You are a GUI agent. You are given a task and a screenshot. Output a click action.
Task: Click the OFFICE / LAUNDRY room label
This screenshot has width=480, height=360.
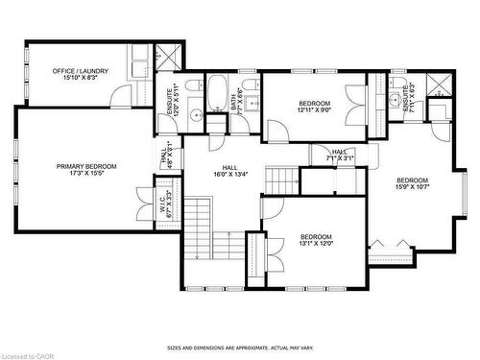pos(81,71)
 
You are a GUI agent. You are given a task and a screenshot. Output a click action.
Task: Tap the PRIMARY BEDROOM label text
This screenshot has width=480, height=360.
pos(85,166)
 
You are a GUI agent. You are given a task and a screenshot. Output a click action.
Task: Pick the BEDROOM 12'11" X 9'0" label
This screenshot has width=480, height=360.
pos(314,107)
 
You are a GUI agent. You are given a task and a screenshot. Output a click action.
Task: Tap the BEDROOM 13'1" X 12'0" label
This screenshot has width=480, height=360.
pos(316,240)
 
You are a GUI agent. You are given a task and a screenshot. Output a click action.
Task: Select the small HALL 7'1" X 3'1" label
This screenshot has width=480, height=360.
pos(339,155)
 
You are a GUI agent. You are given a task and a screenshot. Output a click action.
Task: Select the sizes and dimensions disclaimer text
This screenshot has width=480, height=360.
pos(240,348)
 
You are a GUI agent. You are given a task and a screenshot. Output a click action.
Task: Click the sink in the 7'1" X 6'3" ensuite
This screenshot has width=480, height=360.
pos(395,99)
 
